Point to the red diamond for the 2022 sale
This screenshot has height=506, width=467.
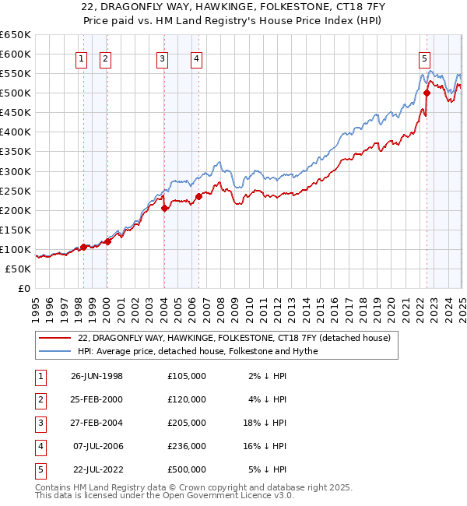point(427,93)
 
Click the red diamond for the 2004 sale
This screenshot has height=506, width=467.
point(164,208)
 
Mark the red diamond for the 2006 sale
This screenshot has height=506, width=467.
point(198,196)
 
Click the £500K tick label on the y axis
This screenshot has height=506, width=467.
point(16,93)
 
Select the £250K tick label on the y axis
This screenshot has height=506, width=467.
point(16,191)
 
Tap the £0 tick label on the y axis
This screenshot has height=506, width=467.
point(23,288)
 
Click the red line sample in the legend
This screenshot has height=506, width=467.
point(56,338)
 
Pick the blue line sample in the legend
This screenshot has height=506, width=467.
point(56,351)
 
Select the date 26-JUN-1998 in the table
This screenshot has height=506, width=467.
point(97,376)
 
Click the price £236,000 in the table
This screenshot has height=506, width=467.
point(187,446)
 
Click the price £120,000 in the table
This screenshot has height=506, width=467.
point(187,399)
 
